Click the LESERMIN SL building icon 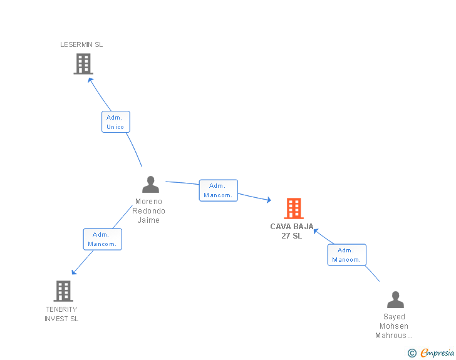[83, 64]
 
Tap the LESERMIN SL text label [81, 44]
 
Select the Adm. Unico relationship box [116, 122]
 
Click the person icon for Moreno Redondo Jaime [150, 184]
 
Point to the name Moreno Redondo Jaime [148, 211]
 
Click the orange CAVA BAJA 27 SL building [294, 208]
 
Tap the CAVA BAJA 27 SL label [292, 231]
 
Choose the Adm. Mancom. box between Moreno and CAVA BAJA [219, 190]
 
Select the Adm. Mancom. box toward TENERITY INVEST [102, 239]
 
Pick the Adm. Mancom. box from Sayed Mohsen [346, 255]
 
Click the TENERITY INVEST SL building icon [63, 291]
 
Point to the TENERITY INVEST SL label [61, 314]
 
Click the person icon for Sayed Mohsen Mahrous [395, 299]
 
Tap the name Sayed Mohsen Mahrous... [394, 326]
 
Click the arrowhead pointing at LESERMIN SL [90, 80]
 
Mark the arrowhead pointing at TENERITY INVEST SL [74, 272]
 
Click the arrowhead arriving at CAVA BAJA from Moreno [269, 200]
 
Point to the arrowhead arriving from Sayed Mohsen [316, 231]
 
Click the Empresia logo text [437, 352]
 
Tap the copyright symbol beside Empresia [412, 353]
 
